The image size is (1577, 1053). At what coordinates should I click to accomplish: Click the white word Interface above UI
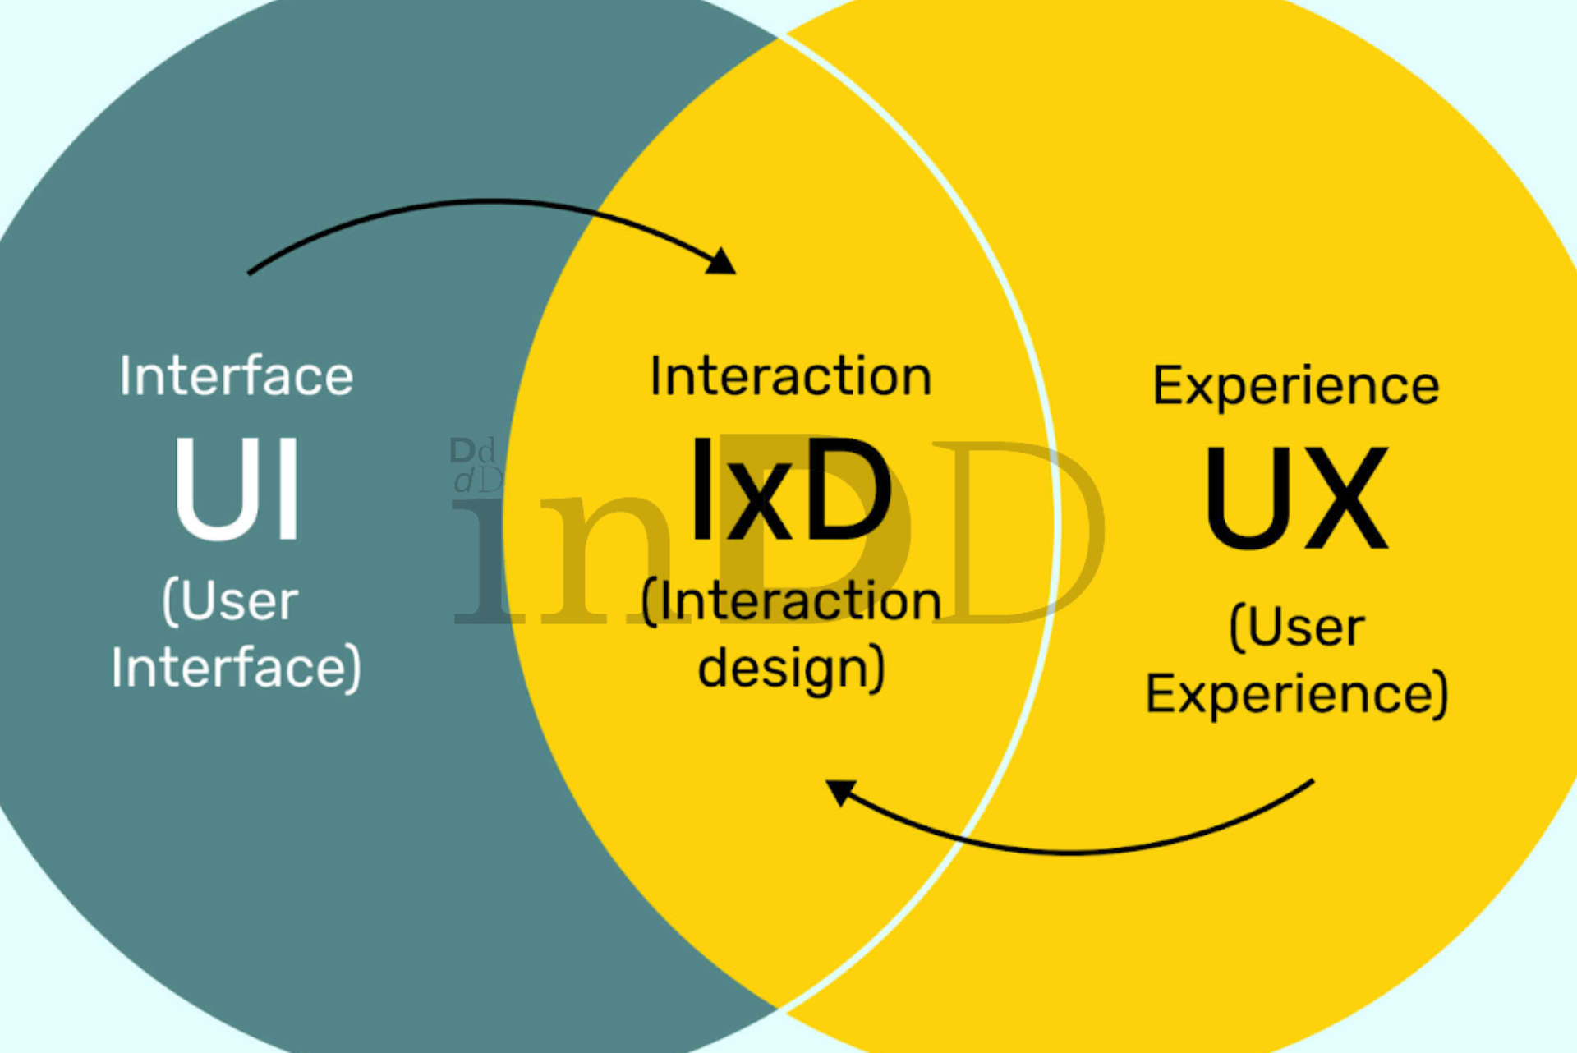coord(237,376)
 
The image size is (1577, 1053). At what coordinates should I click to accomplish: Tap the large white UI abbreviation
coord(237,489)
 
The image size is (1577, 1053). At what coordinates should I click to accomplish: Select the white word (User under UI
coord(231,601)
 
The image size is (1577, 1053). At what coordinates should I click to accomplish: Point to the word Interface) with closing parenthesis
coord(237,667)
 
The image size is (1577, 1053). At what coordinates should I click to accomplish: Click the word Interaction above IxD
coord(791,376)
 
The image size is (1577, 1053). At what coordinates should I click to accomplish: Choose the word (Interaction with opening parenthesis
coord(791,601)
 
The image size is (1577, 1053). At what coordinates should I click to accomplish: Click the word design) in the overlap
coord(792,668)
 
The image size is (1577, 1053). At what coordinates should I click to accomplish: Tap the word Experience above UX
coord(1296,386)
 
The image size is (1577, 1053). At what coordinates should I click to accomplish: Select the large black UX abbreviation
coord(1297,498)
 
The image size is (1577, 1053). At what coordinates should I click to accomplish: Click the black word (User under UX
coord(1298,628)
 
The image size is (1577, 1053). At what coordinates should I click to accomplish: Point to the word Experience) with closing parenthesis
coord(1297,695)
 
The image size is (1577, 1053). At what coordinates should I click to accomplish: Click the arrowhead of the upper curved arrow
coord(721,261)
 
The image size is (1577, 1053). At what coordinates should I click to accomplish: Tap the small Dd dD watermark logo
coord(476,466)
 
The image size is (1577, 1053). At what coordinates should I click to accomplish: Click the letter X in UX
coord(1343,498)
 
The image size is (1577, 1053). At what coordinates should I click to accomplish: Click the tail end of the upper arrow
coord(249,273)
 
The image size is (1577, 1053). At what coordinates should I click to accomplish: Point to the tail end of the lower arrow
coord(1313,781)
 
